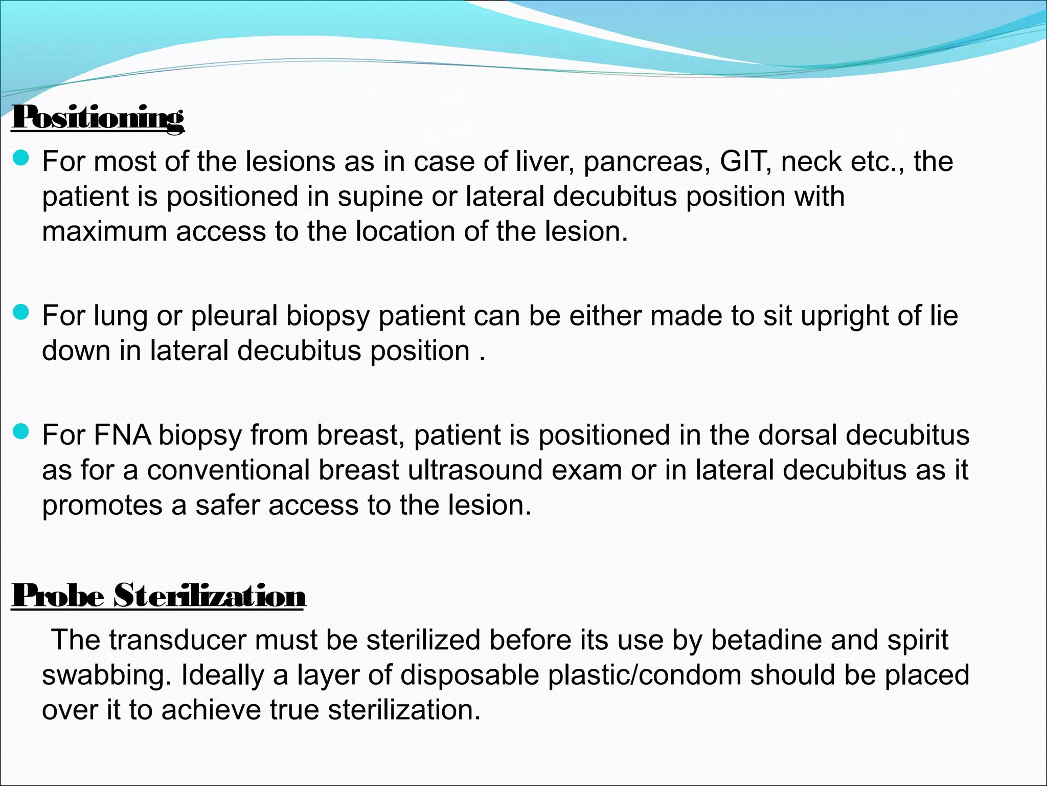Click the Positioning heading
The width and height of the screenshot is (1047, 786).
pos(98,118)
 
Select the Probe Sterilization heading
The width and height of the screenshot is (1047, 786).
pos(158,596)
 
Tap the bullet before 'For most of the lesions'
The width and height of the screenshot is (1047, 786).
pos(21,159)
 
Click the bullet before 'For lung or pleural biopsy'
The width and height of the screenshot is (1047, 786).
pos(21,313)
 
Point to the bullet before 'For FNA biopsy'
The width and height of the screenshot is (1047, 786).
pos(21,432)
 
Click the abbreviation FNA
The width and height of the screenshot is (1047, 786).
pos(122,435)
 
